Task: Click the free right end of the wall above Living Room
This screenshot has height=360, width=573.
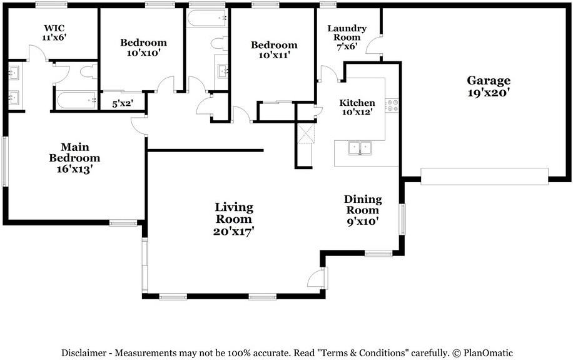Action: click(263, 150)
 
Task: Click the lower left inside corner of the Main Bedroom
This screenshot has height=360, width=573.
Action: click(8, 220)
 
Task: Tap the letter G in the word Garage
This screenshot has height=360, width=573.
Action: click(472, 80)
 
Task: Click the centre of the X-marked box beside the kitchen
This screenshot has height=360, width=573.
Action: click(306, 133)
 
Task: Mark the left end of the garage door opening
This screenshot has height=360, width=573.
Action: click(422, 177)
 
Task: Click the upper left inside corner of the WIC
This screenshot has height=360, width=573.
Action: click(8, 8)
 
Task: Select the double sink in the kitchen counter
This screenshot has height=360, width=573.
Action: click(360, 148)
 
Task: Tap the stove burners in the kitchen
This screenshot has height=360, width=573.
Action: click(393, 105)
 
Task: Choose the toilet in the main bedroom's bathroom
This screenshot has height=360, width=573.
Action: click(89, 71)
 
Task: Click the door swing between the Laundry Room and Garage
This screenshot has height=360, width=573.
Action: click(373, 45)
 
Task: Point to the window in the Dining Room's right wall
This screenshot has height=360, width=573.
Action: click(402, 219)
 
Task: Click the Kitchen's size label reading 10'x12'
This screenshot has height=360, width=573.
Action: click(357, 112)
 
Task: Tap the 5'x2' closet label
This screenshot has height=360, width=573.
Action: click(123, 104)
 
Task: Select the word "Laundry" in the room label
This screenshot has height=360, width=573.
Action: click(347, 29)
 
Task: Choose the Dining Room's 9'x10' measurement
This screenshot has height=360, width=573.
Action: click(363, 222)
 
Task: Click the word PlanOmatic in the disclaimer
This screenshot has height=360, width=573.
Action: click(488, 353)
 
